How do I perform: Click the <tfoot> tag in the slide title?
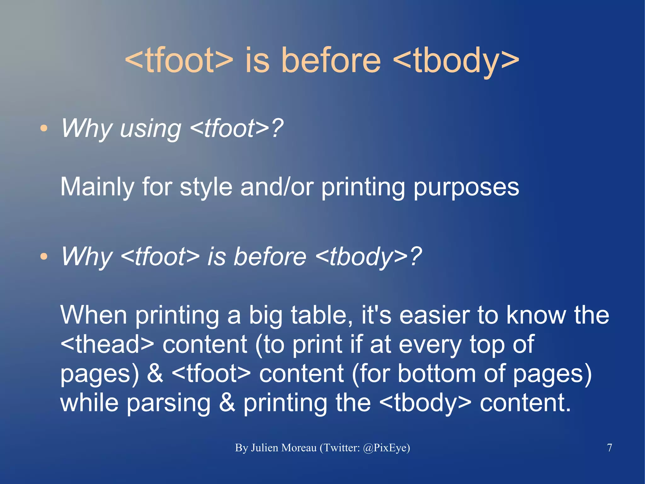(179, 60)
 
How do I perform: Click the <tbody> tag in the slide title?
(456, 60)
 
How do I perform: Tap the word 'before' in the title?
(331, 60)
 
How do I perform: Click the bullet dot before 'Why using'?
(44, 128)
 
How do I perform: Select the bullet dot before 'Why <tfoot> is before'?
(44, 256)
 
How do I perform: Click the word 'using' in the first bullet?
(151, 128)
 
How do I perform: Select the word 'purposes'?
(466, 187)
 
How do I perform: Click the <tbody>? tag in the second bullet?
(368, 256)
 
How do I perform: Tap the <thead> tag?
(107, 344)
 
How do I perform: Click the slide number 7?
(609, 447)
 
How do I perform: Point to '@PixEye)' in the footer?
(386, 448)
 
